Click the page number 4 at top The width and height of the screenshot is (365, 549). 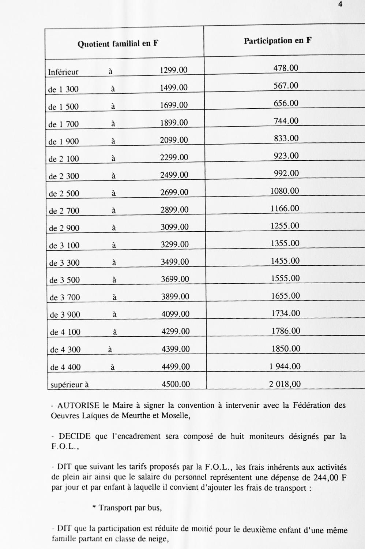pyautogui.click(x=340, y=5)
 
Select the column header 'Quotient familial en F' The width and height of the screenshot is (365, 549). pyautogui.click(x=118, y=44)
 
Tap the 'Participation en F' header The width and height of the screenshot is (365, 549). pyautogui.click(x=278, y=41)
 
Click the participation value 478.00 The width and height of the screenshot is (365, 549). pyautogui.click(x=286, y=68)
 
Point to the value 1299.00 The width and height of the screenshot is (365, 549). pyautogui.click(x=174, y=70)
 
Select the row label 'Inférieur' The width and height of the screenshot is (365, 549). pyautogui.click(x=63, y=72)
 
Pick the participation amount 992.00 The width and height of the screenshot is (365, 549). pyautogui.click(x=286, y=173)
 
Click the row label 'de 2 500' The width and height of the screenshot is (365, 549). pyautogui.click(x=64, y=194)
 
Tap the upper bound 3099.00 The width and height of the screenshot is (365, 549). pyautogui.click(x=175, y=227)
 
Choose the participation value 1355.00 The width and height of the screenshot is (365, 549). pyautogui.click(x=285, y=243)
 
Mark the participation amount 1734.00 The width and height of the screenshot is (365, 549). pyautogui.click(x=286, y=313)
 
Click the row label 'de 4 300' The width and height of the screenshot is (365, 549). pyautogui.click(x=65, y=350)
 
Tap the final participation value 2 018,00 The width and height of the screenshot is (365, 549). pyautogui.click(x=285, y=384)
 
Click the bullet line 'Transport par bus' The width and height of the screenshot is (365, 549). pyautogui.click(x=127, y=508)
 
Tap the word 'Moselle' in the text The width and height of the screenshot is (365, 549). pyautogui.click(x=175, y=416)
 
